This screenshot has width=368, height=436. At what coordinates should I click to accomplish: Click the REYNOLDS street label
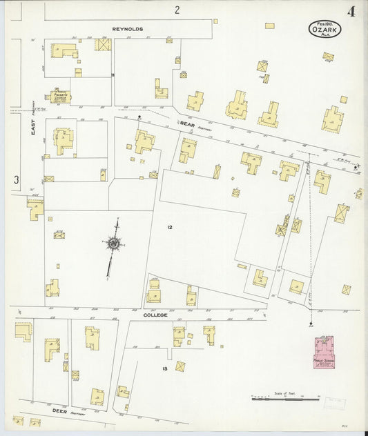tap(128, 30)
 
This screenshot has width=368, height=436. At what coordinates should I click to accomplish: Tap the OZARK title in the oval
tap(325, 30)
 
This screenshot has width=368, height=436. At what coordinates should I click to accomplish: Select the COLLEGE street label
tap(155, 315)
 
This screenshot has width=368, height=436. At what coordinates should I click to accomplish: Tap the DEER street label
tap(60, 410)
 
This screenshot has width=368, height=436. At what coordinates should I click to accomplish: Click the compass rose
tap(112, 243)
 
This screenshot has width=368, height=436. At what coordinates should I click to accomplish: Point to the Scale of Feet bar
tap(285, 398)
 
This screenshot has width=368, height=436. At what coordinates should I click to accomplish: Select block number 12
tap(169, 227)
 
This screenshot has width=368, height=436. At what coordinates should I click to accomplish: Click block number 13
tap(165, 368)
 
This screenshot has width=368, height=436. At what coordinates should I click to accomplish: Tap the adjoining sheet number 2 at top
tap(177, 10)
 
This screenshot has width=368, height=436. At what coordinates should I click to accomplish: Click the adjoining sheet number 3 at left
tap(15, 180)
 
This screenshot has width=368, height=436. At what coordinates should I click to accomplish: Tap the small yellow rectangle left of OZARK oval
tap(269, 26)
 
